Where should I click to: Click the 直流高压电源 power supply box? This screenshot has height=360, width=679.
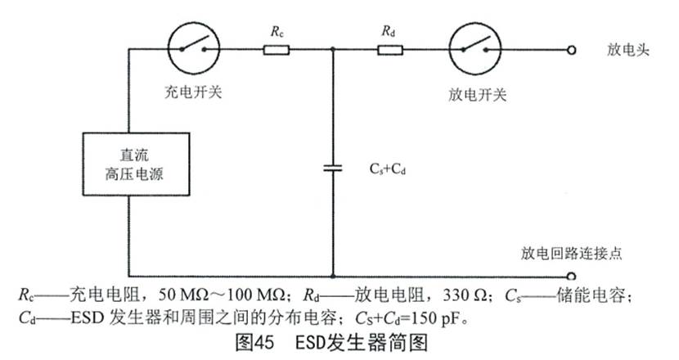pos(128,165)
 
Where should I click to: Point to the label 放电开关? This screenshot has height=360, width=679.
pos(478,95)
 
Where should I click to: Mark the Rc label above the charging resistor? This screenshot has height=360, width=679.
pos(276,32)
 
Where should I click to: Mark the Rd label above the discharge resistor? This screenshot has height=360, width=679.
pos(389,32)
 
